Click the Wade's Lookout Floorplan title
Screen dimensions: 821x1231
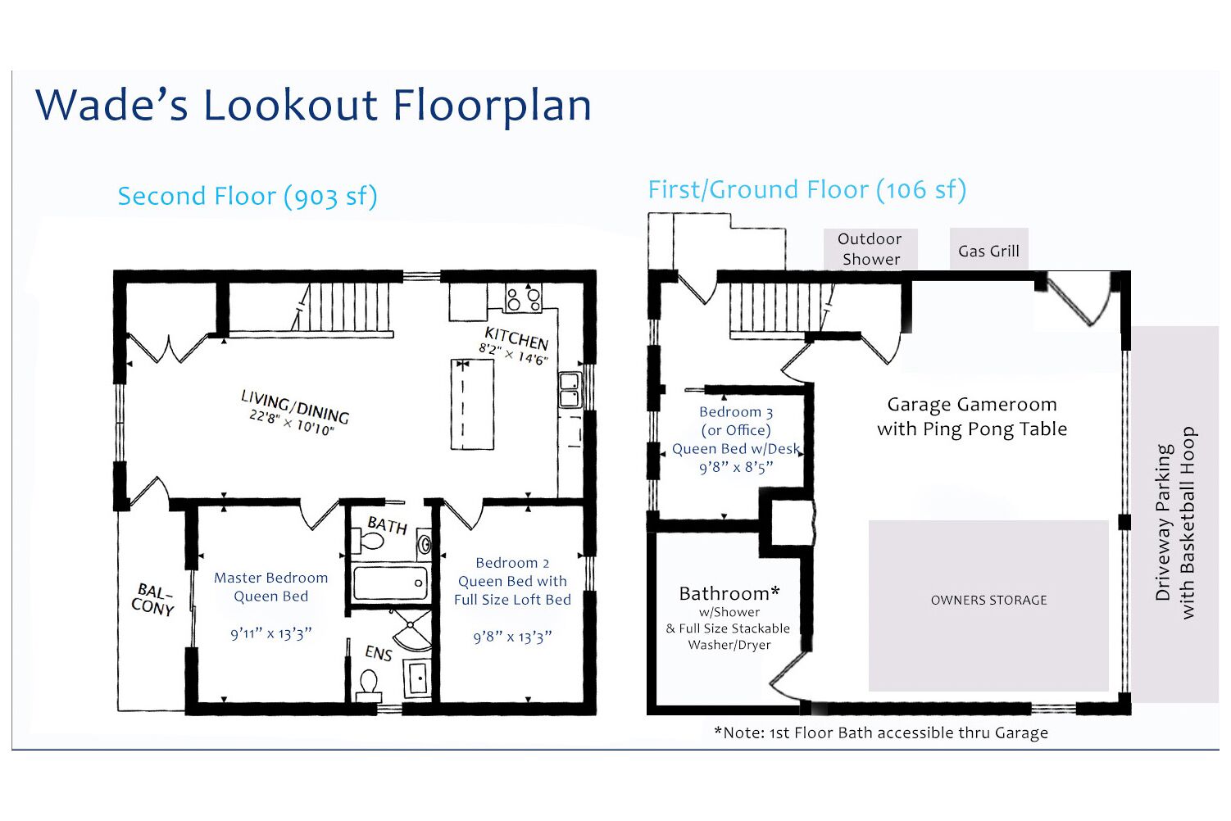(313, 105)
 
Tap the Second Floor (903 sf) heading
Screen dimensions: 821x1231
(247, 197)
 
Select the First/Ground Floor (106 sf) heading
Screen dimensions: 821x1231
(806, 190)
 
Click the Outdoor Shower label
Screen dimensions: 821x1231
(870, 249)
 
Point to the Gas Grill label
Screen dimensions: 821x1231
(988, 251)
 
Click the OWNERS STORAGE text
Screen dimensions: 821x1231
(988, 600)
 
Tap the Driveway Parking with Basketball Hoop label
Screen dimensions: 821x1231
(1175, 523)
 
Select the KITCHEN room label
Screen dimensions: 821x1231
(516, 338)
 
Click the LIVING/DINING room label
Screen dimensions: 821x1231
(295, 406)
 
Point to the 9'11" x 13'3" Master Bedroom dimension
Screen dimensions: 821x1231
(270, 633)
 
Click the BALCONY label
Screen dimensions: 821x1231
(153, 599)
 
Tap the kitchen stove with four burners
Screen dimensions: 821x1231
(524, 297)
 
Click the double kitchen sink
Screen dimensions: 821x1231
(570, 390)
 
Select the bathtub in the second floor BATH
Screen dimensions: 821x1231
(390, 583)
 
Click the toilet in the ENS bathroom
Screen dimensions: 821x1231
(369, 683)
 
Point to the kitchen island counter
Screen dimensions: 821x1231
(473, 405)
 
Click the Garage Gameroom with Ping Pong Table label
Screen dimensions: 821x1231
(972, 416)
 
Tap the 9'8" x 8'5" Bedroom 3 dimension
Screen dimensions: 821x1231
(735, 467)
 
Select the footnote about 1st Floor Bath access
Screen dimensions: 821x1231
(880, 733)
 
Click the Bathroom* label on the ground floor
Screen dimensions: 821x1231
(729, 593)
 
